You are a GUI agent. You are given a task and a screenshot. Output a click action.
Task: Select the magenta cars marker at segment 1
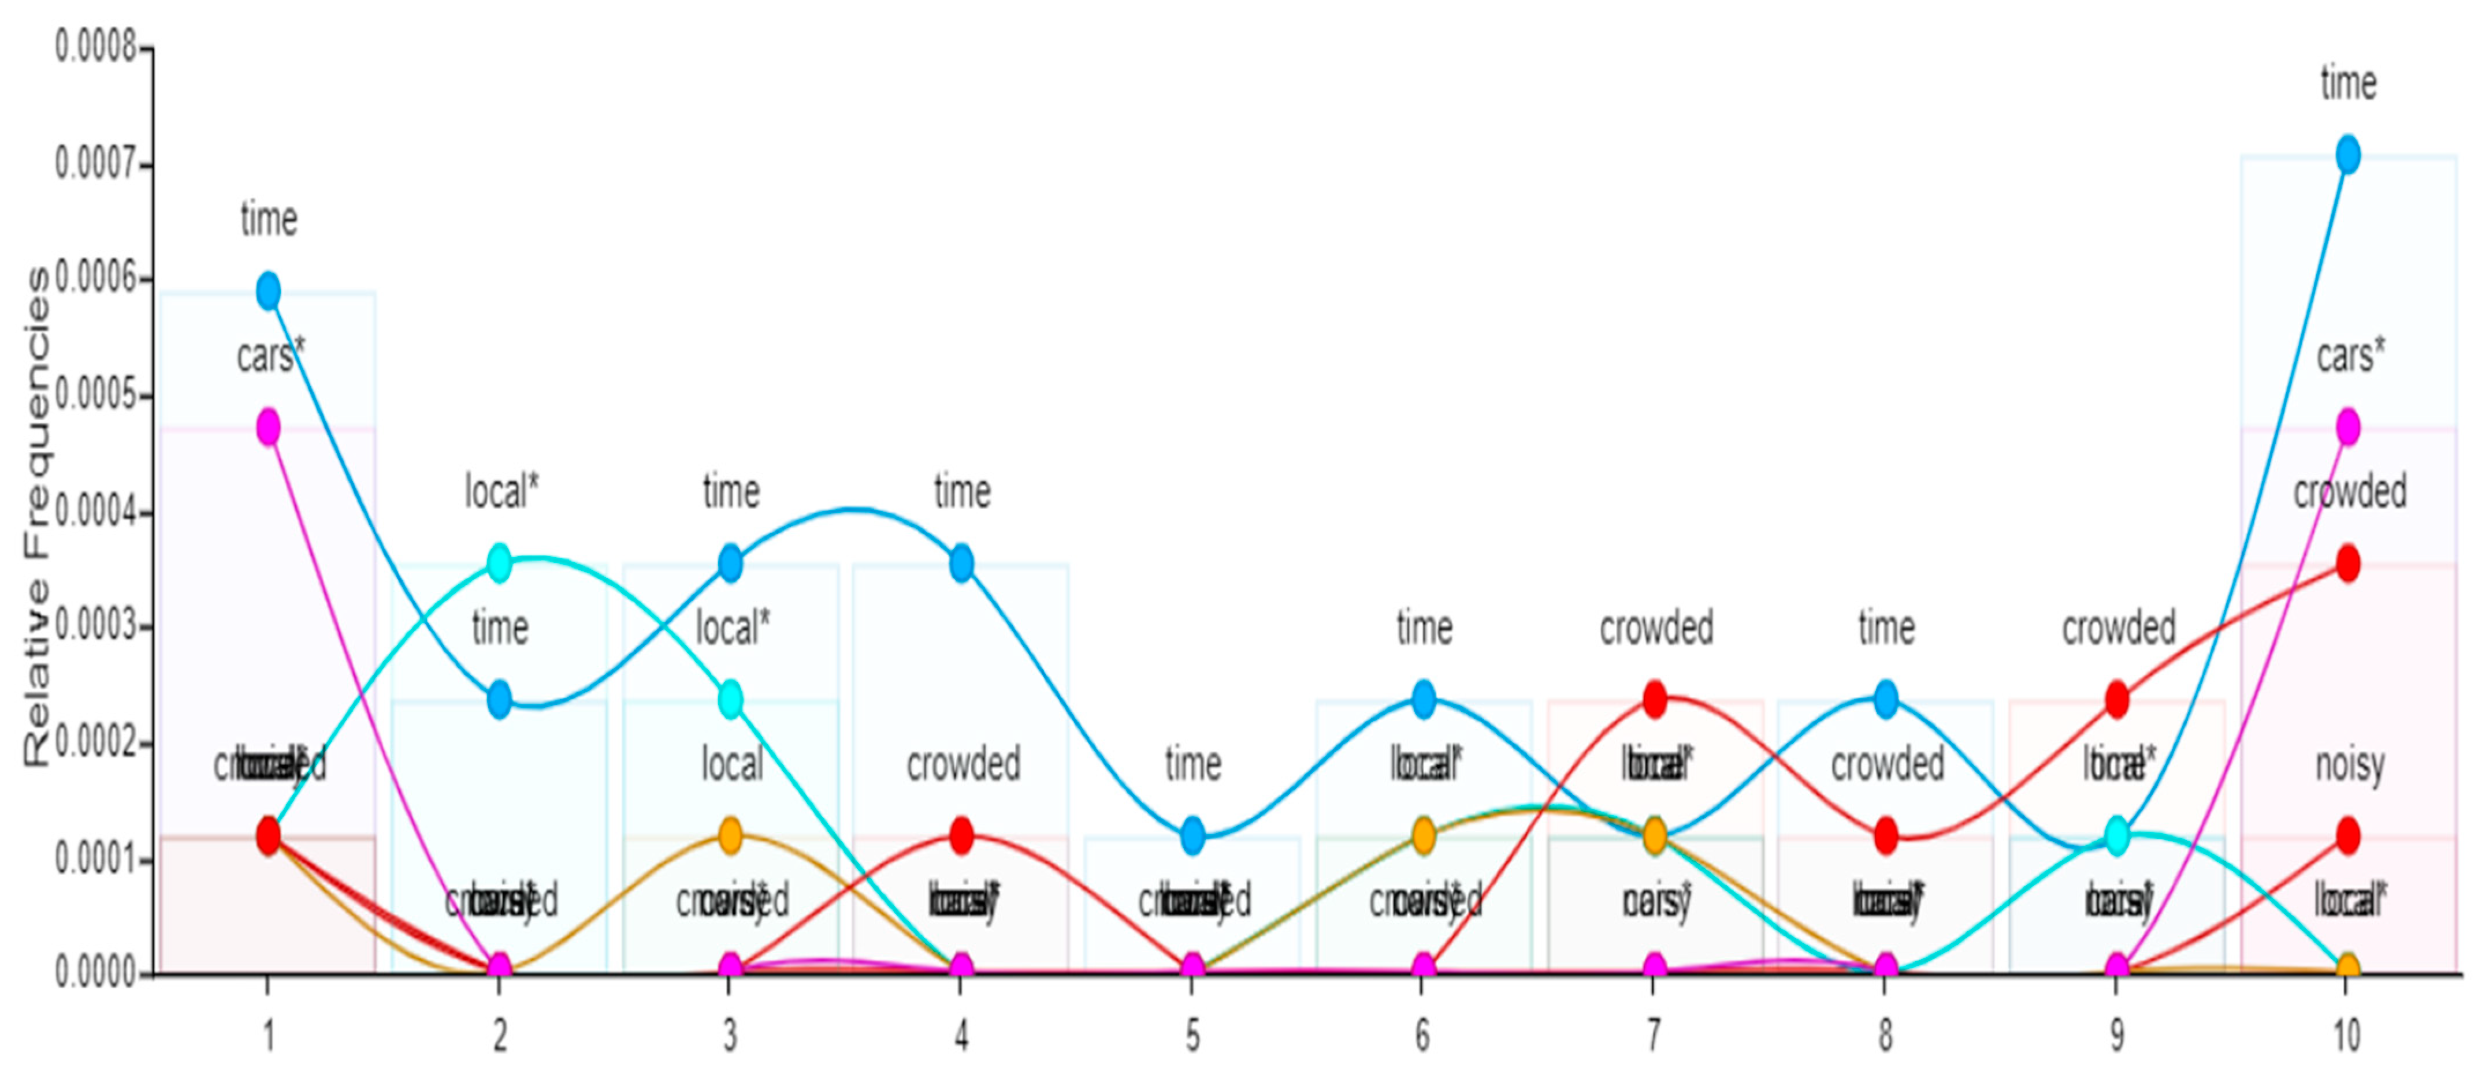point(269,427)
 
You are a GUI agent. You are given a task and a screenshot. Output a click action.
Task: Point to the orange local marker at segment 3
point(730,835)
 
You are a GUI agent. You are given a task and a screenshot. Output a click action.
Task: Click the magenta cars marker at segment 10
point(2348,427)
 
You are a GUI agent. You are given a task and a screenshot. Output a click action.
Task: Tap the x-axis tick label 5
point(1193,1036)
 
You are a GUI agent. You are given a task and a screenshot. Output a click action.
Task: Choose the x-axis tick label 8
point(1886,1036)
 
